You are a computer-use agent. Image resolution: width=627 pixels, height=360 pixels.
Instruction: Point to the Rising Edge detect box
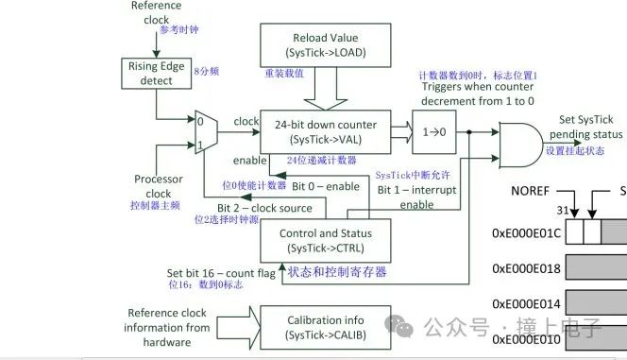pos(157,74)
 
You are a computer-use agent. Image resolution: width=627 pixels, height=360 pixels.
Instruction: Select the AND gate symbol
pos(506,143)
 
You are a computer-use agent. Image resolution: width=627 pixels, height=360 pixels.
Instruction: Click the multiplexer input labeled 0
pos(199,121)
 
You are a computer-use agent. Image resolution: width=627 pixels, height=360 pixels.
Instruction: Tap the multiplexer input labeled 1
pos(199,145)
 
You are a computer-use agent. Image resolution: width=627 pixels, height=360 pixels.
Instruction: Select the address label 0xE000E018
pos(526,268)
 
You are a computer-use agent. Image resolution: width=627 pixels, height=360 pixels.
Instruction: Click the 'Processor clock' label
pos(159,185)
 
